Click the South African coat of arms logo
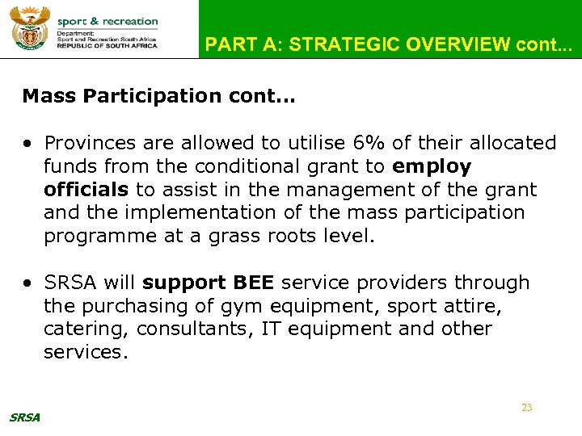pos(30,29)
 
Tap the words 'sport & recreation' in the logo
pos(108,22)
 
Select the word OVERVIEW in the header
pos(457,45)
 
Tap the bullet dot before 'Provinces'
pos(28,144)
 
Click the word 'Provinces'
pos(92,143)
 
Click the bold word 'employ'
pos(432,167)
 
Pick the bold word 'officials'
pos(86,190)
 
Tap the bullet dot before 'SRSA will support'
pos(28,283)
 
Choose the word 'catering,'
pos(86,329)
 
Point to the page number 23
pos(526,408)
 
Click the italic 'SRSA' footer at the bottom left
pos(24,417)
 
